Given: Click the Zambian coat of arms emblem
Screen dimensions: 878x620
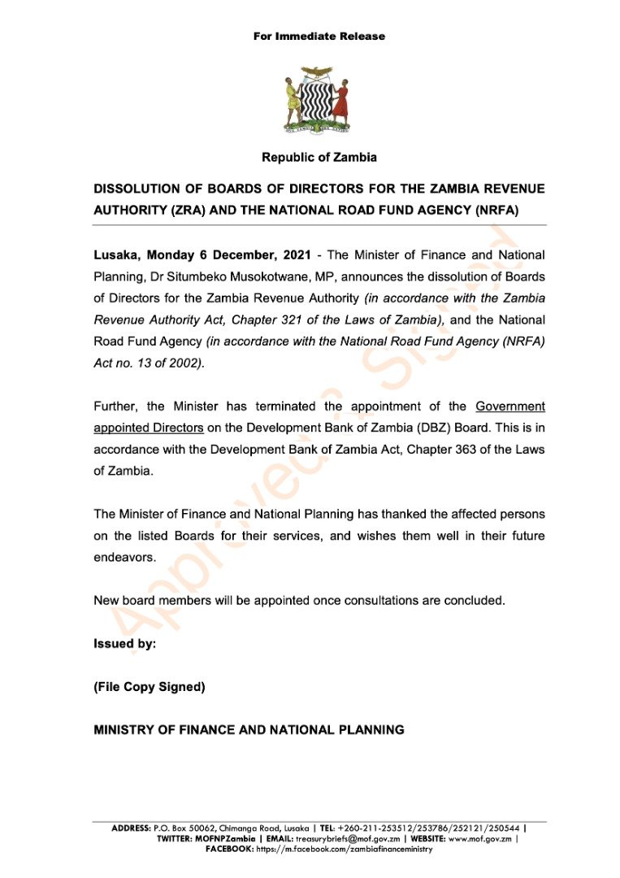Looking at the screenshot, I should point(319,100).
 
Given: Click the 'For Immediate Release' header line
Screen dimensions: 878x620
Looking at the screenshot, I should point(319,36).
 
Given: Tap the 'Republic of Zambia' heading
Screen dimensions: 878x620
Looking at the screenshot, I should point(319,157).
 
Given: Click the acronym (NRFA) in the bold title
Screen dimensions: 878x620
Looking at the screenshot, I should point(492,210).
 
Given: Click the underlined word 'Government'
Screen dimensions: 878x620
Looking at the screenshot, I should point(509,406).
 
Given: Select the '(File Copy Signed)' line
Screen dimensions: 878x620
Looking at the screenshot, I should point(150,687).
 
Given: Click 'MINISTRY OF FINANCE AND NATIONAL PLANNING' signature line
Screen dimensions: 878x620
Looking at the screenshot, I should point(249,730).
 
